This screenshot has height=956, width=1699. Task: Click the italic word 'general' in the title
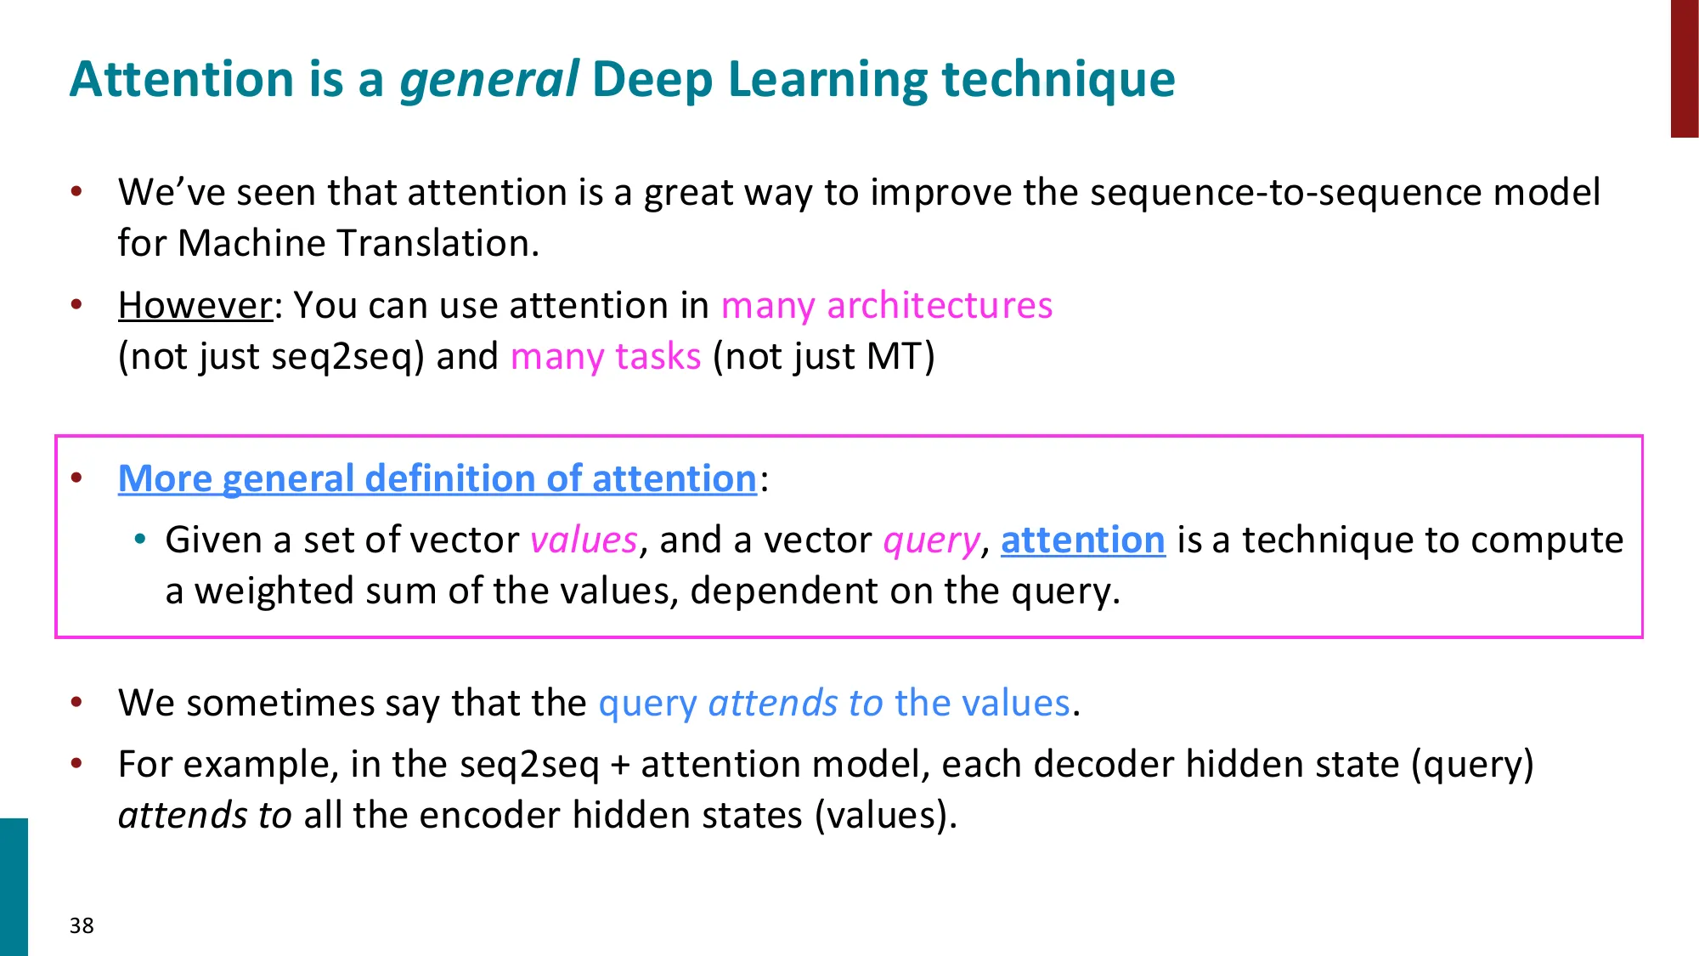click(x=489, y=80)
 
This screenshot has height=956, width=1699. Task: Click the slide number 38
click(x=82, y=925)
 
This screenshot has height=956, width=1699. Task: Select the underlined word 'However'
click(x=195, y=306)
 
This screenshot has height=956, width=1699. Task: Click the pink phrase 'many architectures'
click(x=886, y=306)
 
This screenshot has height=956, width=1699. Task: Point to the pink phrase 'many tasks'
click(x=606, y=357)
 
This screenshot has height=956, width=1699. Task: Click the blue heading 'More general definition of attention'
click(x=437, y=479)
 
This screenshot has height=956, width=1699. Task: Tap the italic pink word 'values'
click(x=584, y=540)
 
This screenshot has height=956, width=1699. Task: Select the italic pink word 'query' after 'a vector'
click(x=931, y=540)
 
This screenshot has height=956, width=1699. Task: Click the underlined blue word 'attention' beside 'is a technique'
click(x=1082, y=540)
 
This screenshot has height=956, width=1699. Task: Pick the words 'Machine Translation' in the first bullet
click(x=357, y=244)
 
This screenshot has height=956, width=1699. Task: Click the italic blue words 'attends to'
click(x=795, y=704)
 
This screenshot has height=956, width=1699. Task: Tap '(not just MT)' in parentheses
click(x=823, y=357)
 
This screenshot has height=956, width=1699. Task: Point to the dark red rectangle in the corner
click(x=1684, y=68)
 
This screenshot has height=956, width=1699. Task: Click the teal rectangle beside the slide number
click(x=14, y=886)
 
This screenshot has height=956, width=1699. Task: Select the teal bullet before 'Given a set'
click(x=140, y=539)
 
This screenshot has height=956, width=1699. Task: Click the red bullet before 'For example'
click(x=76, y=763)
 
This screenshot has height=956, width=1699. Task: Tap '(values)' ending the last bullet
click(x=885, y=816)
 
